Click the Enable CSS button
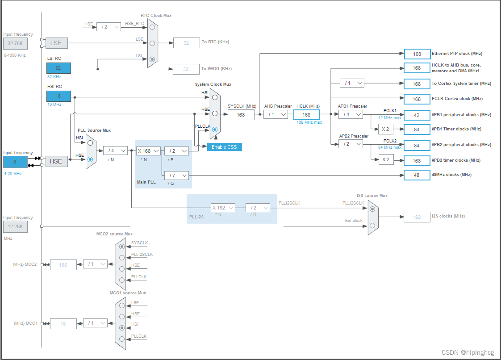pyautogui.click(x=224, y=147)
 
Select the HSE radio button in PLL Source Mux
pyautogui.click(x=91, y=159)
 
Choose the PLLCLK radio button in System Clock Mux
pyautogui.click(x=215, y=130)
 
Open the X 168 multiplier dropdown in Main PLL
pyautogui.click(x=148, y=151)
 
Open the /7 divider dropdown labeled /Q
pyautogui.click(x=176, y=175)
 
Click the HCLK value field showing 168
pyautogui.click(x=306, y=115)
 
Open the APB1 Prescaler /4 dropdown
pyautogui.click(x=351, y=115)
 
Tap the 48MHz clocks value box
pyautogui.click(x=417, y=175)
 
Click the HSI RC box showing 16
pyautogui.click(x=58, y=96)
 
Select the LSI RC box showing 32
pyautogui.click(x=58, y=68)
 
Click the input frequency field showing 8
pyautogui.click(x=15, y=162)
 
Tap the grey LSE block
pyautogui.click(x=56, y=43)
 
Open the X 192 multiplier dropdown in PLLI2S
pyautogui.click(x=222, y=208)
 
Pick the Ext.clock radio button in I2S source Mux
pyautogui.click(x=372, y=226)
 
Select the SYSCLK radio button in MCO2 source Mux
pyautogui.click(x=122, y=246)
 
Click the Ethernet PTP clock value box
pyautogui.click(x=417, y=54)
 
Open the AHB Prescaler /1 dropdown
pyautogui.click(x=276, y=115)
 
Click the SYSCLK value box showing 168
pyautogui.click(x=241, y=115)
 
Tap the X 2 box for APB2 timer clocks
pyautogui.click(x=386, y=160)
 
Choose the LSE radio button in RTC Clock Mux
pyautogui.click(x=152, y=43)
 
